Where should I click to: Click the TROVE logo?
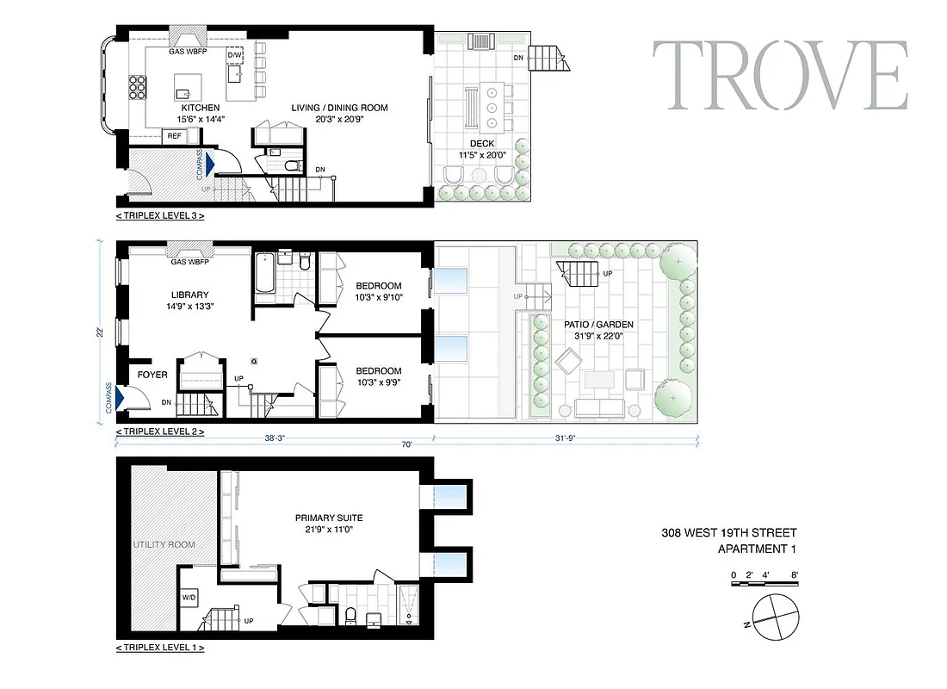779,76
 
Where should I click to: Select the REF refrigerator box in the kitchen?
174,136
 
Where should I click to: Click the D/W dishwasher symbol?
234,56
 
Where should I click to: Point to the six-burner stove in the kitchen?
138,88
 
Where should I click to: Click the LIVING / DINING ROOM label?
339,108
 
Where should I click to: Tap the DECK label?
482,143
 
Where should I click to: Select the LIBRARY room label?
189,295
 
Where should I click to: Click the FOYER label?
152,375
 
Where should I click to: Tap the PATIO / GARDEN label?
598,325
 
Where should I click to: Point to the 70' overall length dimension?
405,444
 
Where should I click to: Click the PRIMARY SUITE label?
329,518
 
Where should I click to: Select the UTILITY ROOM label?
164,544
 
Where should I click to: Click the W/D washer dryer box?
189,597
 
